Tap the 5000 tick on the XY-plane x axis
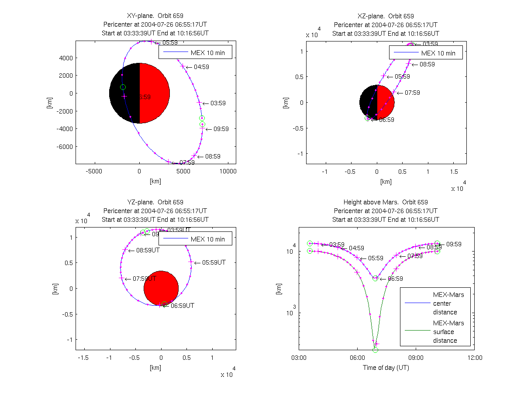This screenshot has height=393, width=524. pyautogui.click(x=184, y=172)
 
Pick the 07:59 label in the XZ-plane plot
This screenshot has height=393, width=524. pyautogui.click(x=412, y=93)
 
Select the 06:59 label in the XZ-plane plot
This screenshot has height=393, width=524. pyautogui.click(x=386, y=120)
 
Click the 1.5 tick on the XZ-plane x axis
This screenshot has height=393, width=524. pyautogui.click(x=454, y=172)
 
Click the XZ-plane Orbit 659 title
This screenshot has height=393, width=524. pyautogui.click(x=385, y=16)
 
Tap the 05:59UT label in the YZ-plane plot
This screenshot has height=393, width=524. pyautogui.click(x=214, y=262)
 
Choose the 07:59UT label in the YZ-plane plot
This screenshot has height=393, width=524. pyautogui.click(x=145, y=279)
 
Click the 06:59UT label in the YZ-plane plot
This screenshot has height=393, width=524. pyautogui.click(x=182, y=306)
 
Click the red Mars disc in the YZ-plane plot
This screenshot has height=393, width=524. pyautogui.click(x=161, y=288)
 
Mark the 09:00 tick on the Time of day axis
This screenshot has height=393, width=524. pyautogui.click(x=415, y=357)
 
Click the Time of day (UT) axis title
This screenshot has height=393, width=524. pyautogui.click(x=386, y=368)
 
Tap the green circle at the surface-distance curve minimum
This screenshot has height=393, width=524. pyautogui.click(x=375, y=350)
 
